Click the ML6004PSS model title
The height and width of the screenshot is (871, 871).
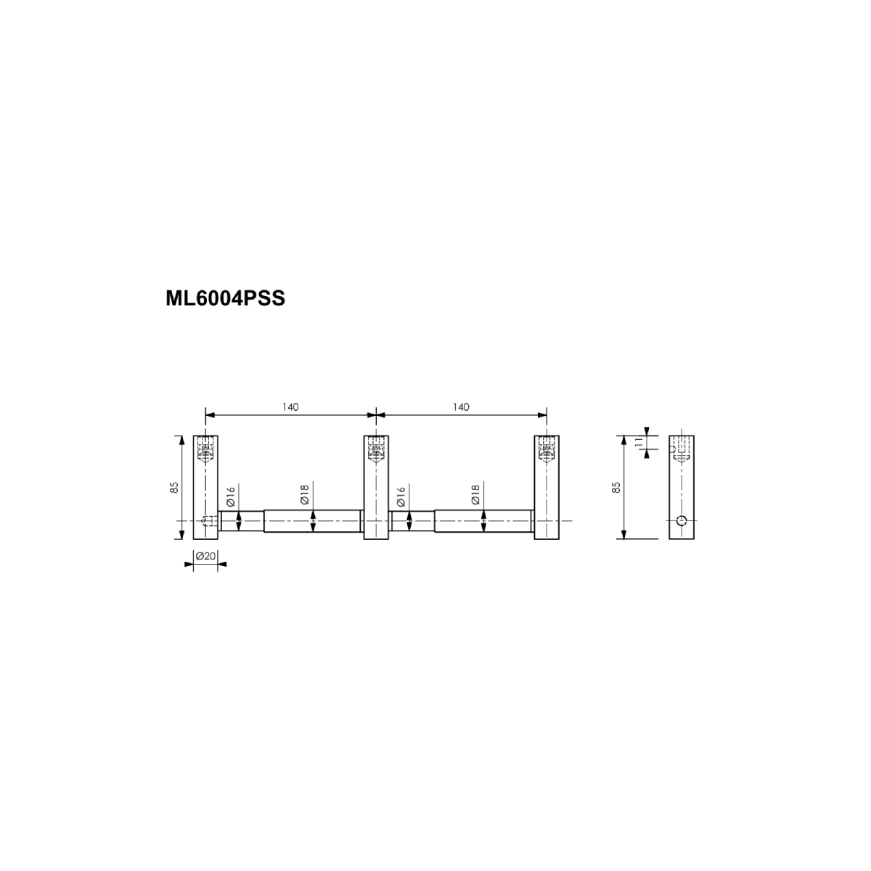[225, 298]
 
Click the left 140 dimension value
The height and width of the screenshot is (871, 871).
[290, 406]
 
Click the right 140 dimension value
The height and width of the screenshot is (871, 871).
[461, 406]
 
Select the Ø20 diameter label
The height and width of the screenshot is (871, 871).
[205, 555]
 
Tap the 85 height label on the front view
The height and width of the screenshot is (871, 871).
[174, 487]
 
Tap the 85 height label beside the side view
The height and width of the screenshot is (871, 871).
[616, 487]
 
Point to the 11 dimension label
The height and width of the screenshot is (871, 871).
[639, 441]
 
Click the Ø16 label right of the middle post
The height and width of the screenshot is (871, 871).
[401, 496]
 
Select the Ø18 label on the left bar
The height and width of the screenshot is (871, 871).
[305, 494]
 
